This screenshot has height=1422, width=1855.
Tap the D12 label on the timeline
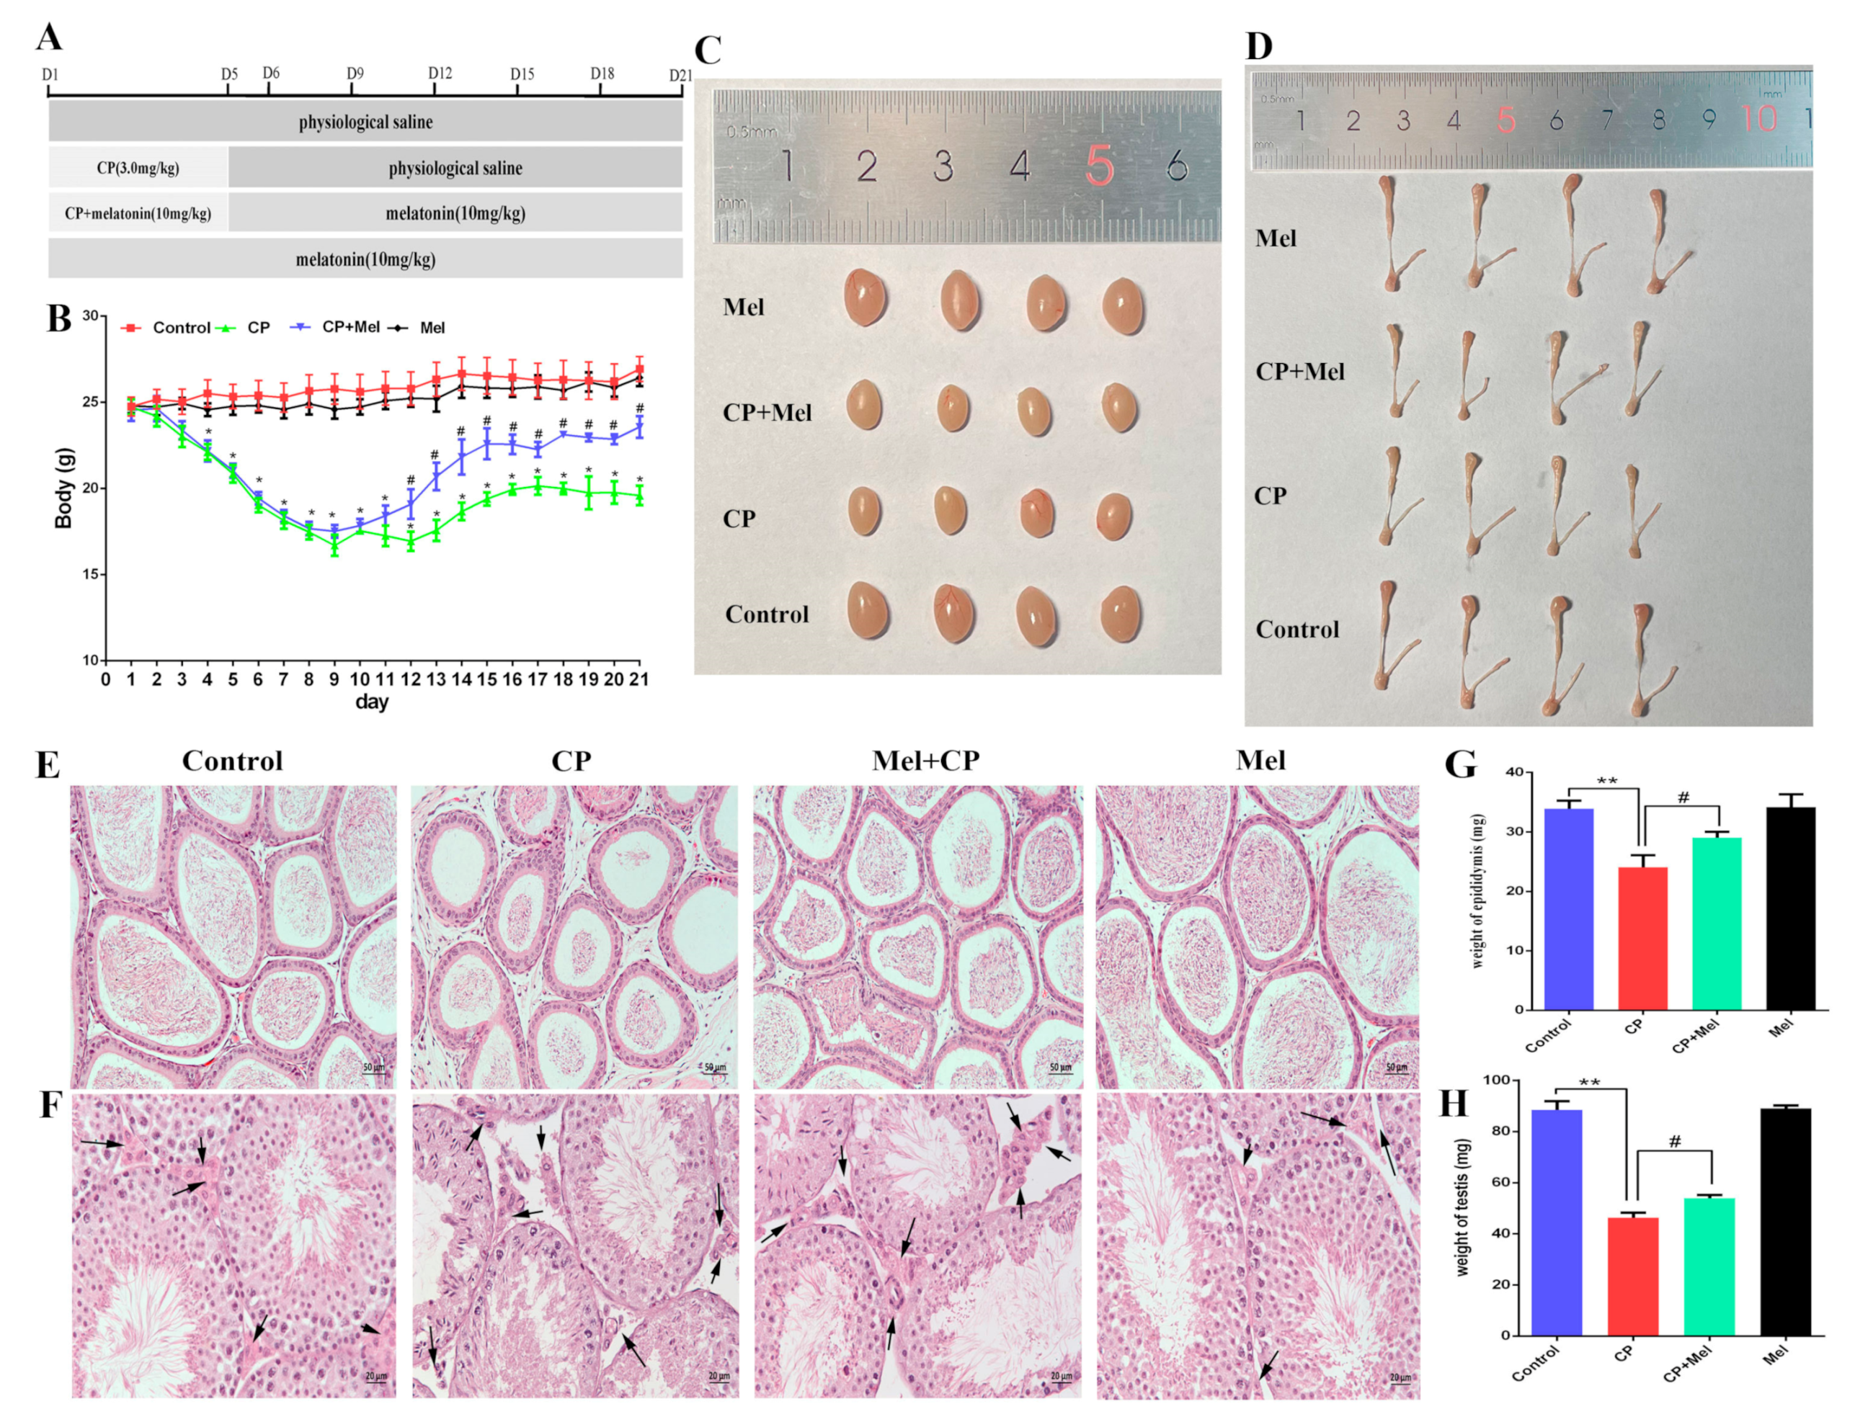pos(440,73)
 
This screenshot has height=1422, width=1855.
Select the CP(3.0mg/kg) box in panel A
pos(138,168)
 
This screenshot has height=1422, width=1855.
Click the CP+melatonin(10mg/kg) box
pos(138,213)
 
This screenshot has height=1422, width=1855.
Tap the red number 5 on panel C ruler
pos(1098,166)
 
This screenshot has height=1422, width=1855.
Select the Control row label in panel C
pos(766,614)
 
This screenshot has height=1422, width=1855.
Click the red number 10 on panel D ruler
pos(1759,118)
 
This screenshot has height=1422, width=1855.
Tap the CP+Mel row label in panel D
pos(1299,372)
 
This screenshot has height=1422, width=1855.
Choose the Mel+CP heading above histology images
pos(925,760)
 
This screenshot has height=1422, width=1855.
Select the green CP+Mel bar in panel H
pos(1709,1266)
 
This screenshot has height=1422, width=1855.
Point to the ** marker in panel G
pos(1606,780)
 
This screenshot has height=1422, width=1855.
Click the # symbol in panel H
pos(1674,1142)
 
